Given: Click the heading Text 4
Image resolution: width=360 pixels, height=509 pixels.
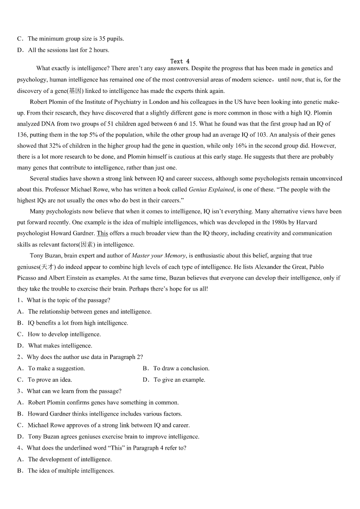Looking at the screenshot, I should [180, 61].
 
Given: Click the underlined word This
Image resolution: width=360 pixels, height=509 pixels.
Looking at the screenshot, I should [102, 233].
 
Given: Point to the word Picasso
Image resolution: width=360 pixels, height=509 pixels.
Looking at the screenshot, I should [28, 278].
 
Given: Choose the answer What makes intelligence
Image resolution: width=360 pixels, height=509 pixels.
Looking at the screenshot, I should [60, 346].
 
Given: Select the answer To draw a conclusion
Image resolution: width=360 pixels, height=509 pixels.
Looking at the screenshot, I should [181, 368].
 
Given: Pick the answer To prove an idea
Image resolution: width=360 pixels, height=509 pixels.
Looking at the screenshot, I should [50, 380].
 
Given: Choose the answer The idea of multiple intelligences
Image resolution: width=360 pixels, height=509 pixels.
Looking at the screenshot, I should [71, 471].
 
